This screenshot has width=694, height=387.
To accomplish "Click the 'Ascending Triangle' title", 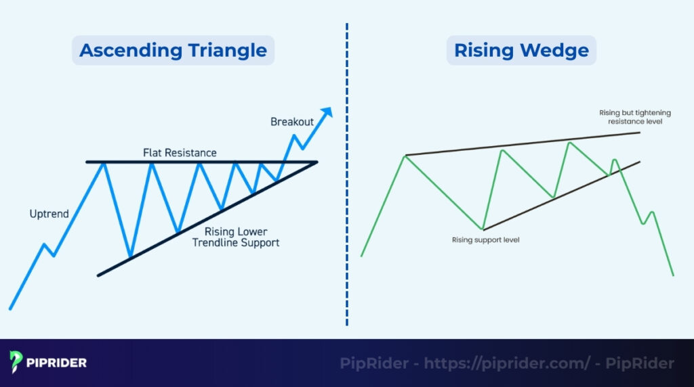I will tap(173, 50).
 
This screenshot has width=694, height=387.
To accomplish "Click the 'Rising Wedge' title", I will tap(520, 50).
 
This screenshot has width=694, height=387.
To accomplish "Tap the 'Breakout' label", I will tap(292, 122).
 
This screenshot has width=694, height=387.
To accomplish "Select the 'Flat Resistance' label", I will tap(180, 153).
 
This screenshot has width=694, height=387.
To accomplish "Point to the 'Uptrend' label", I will tap(49, 214).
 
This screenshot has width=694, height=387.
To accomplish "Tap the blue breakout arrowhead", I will tap(327, 112).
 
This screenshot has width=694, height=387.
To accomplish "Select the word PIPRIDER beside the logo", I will tap(58, 363).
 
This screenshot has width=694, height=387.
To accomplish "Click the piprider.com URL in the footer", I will tap(507, 363).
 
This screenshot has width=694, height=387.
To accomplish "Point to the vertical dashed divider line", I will tap(347, 176).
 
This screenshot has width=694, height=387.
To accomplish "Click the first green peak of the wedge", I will tap(405, 156).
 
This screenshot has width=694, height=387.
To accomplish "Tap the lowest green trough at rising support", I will tap(483, 229).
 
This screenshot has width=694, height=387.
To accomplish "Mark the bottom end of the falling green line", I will tap(673, 275).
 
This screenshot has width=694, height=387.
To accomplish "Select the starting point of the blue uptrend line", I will tap(10, 309).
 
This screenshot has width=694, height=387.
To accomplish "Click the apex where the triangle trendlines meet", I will tap(316, 162).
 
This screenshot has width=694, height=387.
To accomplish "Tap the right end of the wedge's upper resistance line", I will tap(639, 132).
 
